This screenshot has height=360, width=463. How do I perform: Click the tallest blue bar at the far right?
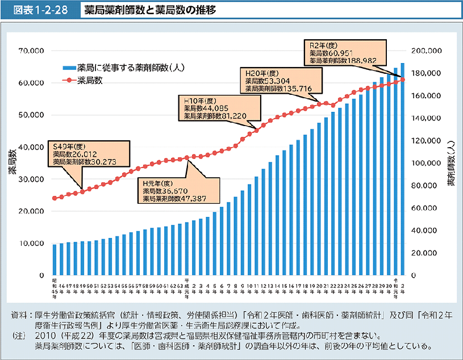coord(403,170)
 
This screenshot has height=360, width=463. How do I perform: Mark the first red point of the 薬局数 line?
coord(55,198)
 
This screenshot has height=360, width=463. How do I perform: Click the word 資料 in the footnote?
coord(18,314)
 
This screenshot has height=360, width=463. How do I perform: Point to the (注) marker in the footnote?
coord(19,336)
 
